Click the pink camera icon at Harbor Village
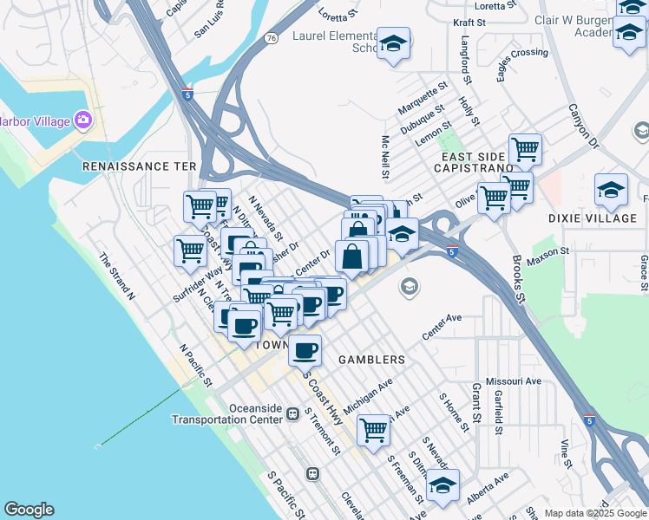(83, 120)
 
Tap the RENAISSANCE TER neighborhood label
(140, 166)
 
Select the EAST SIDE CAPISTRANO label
(480, 164)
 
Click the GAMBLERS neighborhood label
(371, 359)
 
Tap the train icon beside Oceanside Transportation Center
(294, 414)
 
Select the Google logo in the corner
(29, 510)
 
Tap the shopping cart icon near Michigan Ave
(373, 428)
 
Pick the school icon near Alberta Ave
(442, 486)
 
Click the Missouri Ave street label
(514, 381)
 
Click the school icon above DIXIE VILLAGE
(611, 191)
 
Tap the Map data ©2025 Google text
(595, 513)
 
